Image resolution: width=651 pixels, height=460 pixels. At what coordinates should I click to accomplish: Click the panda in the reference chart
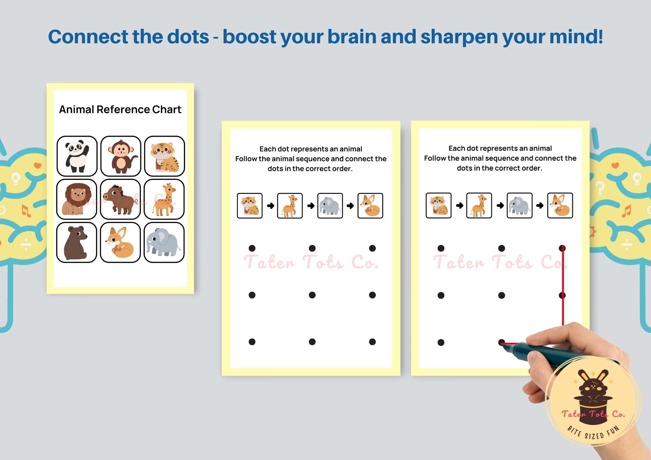(x=77, y=156)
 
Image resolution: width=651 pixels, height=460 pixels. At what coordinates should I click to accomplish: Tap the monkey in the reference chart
(x=121, y=156)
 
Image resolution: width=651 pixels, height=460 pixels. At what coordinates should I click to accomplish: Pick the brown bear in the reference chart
(x=76, y=242)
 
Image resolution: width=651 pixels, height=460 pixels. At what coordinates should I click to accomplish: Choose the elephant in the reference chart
(x=163, y=242)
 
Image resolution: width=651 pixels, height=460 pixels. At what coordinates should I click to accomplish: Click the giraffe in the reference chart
(x=164, y=199)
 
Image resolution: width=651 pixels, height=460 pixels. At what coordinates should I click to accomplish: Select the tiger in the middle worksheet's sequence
(x=250, y=206)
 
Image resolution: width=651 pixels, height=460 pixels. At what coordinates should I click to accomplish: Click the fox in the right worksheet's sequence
(x=560, y=205)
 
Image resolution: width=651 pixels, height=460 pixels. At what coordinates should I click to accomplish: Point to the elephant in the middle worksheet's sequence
(x=330, y=206)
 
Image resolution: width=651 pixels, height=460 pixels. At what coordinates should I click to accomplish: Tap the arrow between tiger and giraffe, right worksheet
(x=459, y=206)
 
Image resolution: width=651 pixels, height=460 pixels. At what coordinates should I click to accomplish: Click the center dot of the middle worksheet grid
(x=312, y=295)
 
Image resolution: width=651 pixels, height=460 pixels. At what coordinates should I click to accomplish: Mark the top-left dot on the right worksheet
(x=441, y=249)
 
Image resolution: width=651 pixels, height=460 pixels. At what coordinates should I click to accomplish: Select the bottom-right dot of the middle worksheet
(x=372, y=342)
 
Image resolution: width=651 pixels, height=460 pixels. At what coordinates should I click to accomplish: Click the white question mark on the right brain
(x=600, y=188)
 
